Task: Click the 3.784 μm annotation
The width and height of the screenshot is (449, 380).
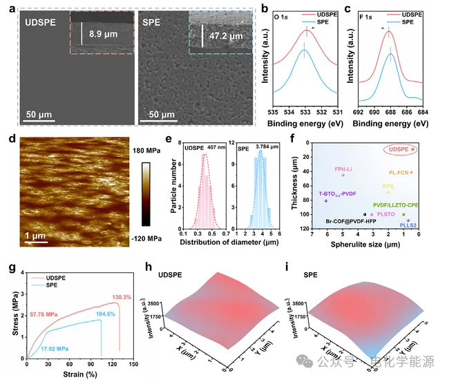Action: click(x=278, y=147)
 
